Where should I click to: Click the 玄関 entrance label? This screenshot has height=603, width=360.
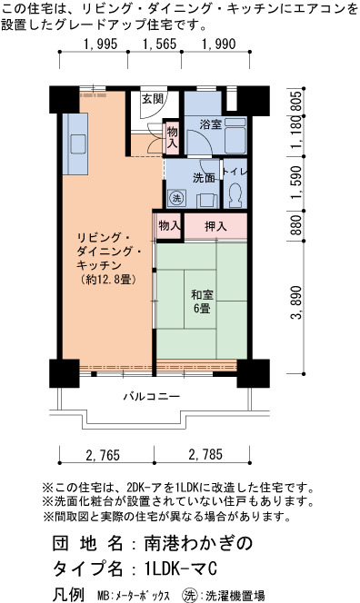pos(153,99)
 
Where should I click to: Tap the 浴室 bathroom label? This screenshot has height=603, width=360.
pos(211,124)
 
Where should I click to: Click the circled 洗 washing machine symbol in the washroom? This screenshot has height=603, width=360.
pos(176,199)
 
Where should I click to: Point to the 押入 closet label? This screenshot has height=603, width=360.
pos(215,226)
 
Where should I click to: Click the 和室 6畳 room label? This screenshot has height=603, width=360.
pos(202,301)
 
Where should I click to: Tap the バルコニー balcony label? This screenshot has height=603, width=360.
pos(152,396)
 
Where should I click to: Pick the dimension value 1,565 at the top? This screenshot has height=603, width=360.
pos(160,44)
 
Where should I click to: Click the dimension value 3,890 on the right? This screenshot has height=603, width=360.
pos(295,302)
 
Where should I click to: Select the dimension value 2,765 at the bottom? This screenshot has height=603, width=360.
pos(104,455)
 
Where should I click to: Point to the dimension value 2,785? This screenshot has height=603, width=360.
pos(205,455)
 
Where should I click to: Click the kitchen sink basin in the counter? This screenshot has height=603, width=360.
pos(78,144)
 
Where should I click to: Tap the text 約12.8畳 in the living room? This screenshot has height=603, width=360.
pos(108,280)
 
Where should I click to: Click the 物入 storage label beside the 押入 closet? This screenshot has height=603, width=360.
pos(169,226)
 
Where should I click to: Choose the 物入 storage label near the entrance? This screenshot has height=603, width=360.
pos(172,137)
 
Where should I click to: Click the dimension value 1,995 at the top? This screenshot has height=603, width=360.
pos(100,44)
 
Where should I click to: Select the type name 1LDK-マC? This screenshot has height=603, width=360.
pos(181,568)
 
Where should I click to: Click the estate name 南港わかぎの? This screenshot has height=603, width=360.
pos(198,543)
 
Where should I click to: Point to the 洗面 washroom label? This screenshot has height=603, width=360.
pos(204,178)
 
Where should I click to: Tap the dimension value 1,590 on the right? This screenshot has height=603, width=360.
pos(295,183)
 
